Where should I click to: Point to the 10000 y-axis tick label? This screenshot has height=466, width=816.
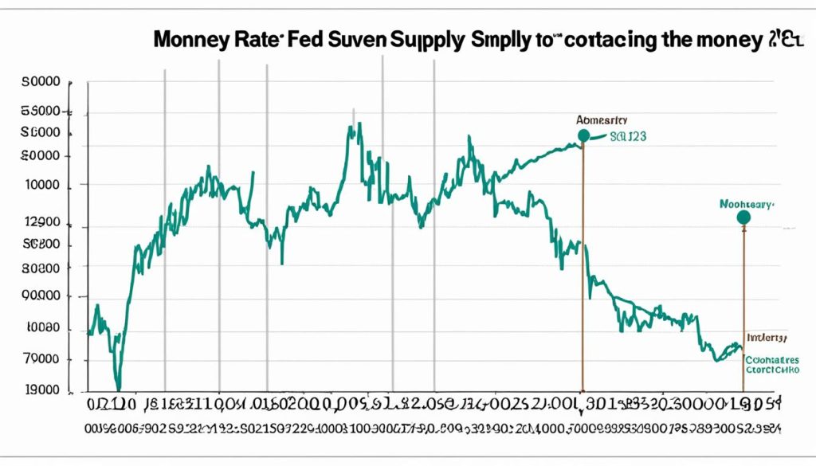click(x=43, y=185)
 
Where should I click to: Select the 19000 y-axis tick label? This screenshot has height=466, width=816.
click(x=42, y=390)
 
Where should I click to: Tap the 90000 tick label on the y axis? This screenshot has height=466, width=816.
click(x=43, y=296)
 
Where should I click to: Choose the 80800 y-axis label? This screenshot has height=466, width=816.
click(x=43, y=268)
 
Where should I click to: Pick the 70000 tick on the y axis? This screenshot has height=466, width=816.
click(x=43, y=359)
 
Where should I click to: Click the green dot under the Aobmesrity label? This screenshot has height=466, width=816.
click(x=583, y=135)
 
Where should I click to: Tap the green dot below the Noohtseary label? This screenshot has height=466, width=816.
click(x=743, y=217)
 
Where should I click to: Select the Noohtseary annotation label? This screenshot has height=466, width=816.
click(x=745, y=204)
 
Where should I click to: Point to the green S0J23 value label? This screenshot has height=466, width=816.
click(x=627, y=136)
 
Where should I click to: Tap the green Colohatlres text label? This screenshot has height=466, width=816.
click(x=771, y=359)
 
